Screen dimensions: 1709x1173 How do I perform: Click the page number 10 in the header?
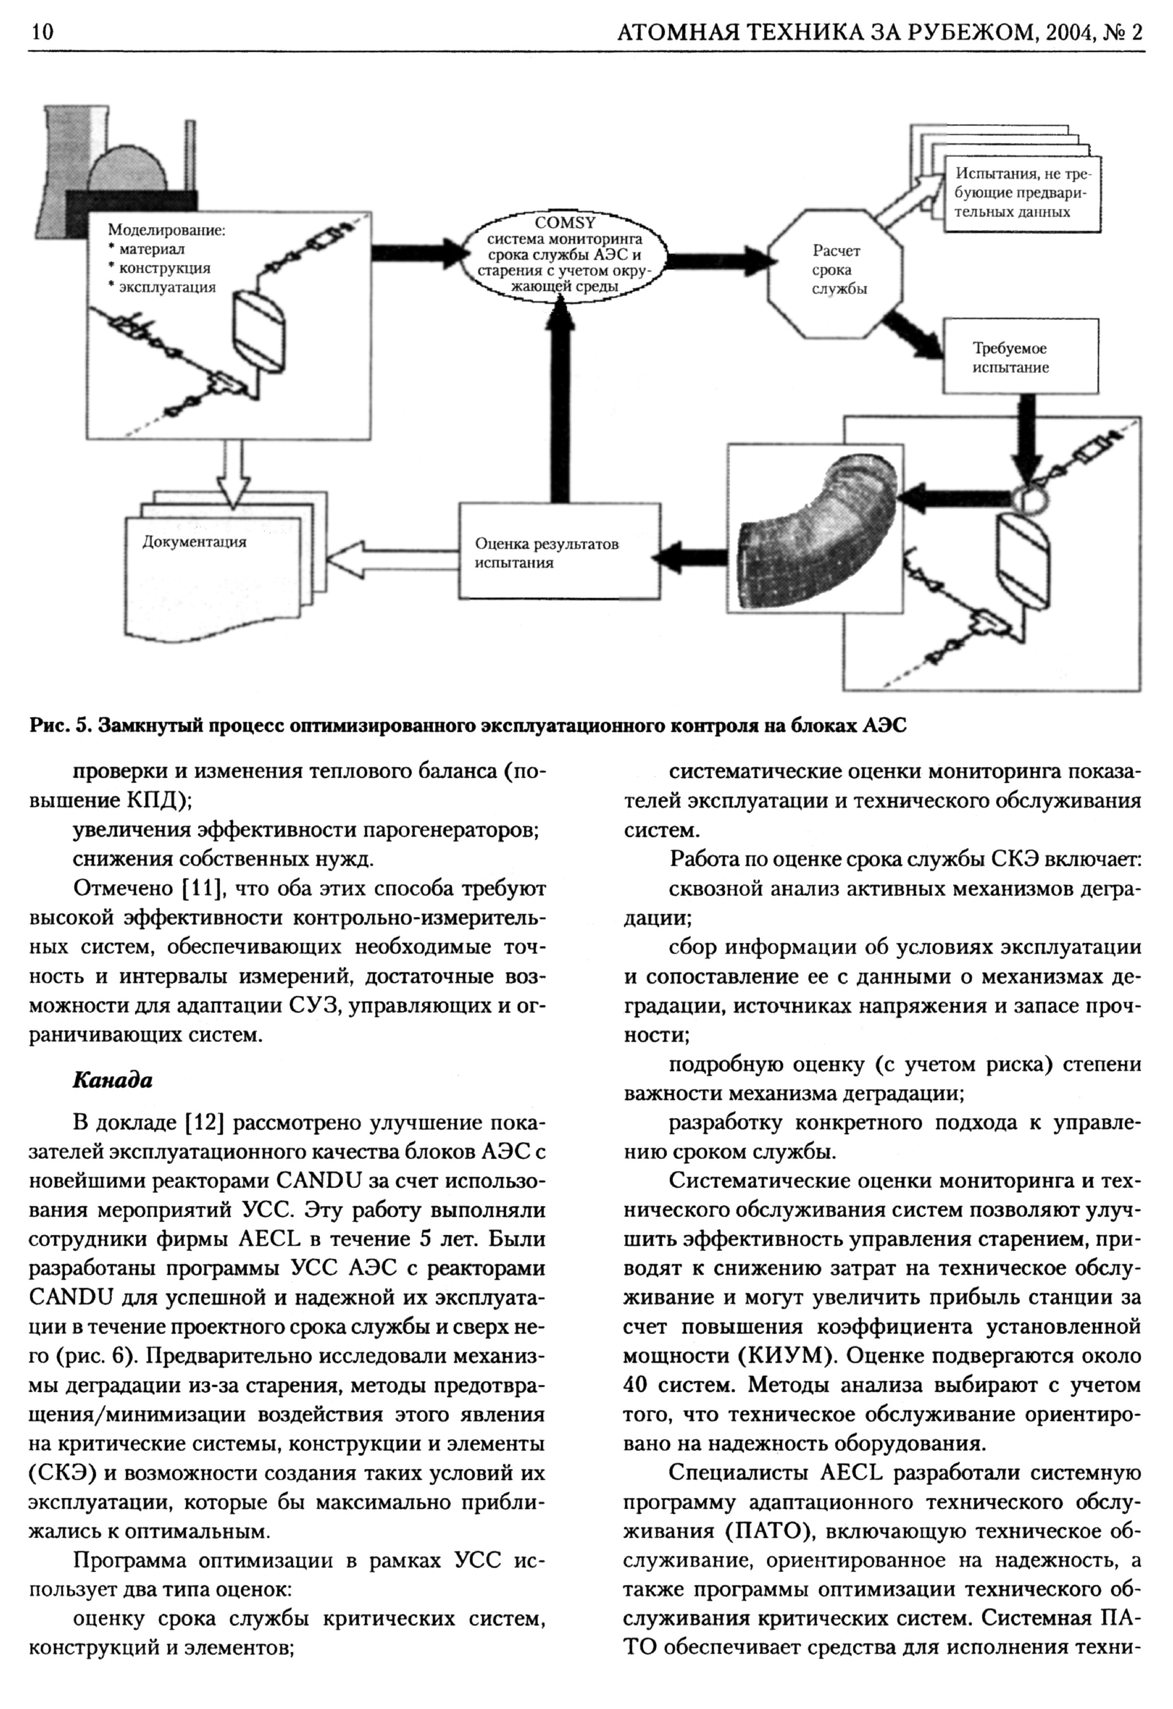click(x=41, y=32)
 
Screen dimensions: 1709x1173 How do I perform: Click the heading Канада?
click(x=112, y=1080)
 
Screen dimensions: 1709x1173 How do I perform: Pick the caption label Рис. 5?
click(x=59, y=726)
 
